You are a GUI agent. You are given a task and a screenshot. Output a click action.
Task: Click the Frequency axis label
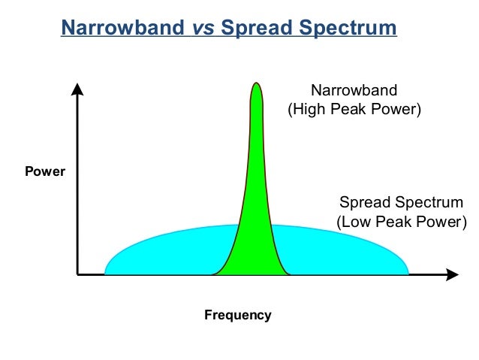237,315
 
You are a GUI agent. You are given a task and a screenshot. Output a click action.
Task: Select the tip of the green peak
256,83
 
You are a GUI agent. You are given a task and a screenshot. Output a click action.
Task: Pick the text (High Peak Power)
355,110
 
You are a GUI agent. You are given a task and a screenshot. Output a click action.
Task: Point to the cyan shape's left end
107,271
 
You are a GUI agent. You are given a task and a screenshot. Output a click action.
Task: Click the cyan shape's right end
406,271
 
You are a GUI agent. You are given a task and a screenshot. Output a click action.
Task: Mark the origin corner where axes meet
77,275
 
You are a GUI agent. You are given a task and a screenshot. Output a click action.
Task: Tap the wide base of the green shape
252,267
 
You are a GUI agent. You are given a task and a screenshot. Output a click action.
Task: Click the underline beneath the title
228,38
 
